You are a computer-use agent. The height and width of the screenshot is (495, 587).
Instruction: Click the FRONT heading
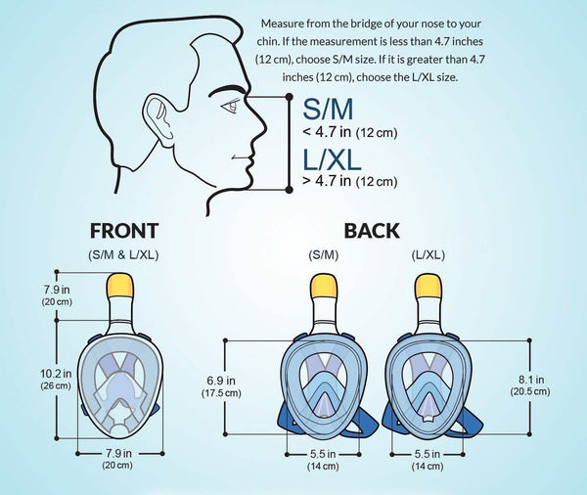[124, 231]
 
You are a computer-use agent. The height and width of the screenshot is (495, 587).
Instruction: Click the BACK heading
[372, 231]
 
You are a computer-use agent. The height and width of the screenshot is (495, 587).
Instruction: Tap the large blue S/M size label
[328, 109]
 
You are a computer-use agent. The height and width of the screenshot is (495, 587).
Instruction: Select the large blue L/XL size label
[332, 159]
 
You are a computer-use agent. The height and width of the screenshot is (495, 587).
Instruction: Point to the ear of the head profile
[158, 119]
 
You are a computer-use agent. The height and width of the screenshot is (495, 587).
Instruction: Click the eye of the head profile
[230, 106]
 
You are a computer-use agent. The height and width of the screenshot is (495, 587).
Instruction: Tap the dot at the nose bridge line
[289, 97]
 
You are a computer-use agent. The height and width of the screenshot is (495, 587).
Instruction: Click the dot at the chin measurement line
[289, 190]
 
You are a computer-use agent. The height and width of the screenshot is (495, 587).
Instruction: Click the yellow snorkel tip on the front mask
[120, 285]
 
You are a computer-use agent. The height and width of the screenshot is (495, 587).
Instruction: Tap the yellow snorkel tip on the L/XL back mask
[429, 286]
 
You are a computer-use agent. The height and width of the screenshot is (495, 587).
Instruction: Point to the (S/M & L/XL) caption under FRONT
[123, 255]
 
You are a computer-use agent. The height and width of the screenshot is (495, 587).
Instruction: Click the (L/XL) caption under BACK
[429, 255]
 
